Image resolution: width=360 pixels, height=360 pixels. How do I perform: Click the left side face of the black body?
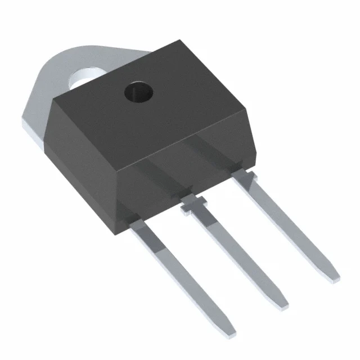[84, 157]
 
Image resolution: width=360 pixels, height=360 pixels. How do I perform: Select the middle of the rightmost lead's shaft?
[290, 228]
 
